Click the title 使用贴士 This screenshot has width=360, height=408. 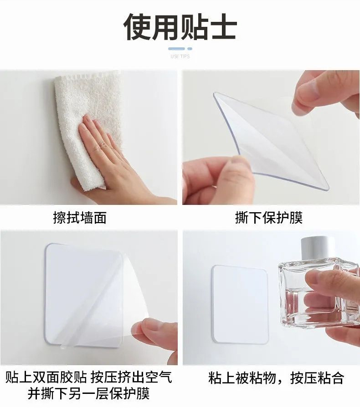pos(180,27)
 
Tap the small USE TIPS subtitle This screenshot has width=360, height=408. pos(180,56)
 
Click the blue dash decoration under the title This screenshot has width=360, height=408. pos(180,49)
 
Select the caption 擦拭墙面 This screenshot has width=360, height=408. pos(80,218)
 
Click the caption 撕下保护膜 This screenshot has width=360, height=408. pos(269,218)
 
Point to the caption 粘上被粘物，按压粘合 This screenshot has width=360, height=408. pos(276,377)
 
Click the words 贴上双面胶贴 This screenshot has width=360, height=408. pos(46,377)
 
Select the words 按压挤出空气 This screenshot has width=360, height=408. pos(132,377)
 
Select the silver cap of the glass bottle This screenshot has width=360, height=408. pos(318,248)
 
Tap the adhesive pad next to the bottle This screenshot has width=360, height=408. pos(240,304)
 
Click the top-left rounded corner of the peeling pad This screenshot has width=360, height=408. pos(49,248)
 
